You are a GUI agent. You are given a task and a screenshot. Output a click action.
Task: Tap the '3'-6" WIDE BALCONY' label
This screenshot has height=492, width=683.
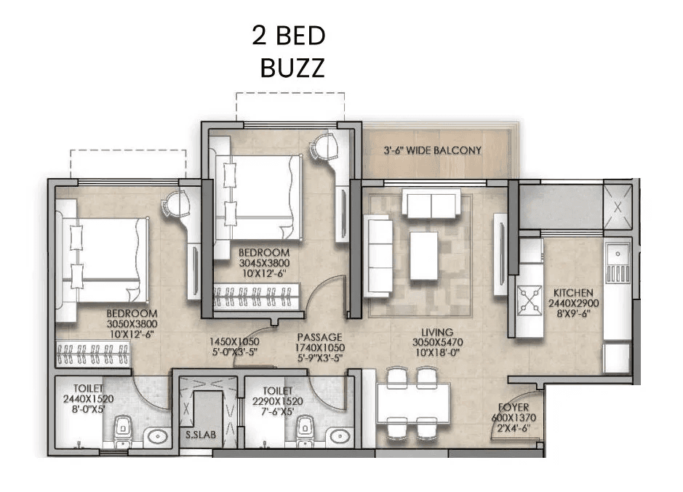pos(433,150)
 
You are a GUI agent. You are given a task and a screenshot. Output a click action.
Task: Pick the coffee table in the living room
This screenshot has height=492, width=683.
pos(423,255)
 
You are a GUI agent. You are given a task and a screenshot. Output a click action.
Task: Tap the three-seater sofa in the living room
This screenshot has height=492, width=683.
pos(378,256)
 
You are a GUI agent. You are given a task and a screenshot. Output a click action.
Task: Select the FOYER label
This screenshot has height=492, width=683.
pos(513,408)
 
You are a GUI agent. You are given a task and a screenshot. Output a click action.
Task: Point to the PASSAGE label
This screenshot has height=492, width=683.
pos(319,337)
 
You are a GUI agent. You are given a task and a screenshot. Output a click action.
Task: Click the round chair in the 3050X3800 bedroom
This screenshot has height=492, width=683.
pos(175,203)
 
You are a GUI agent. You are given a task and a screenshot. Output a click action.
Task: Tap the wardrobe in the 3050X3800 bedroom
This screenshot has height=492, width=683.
pos(92,354)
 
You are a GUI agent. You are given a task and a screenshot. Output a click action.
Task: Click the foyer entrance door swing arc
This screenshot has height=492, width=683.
pos(495,429)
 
